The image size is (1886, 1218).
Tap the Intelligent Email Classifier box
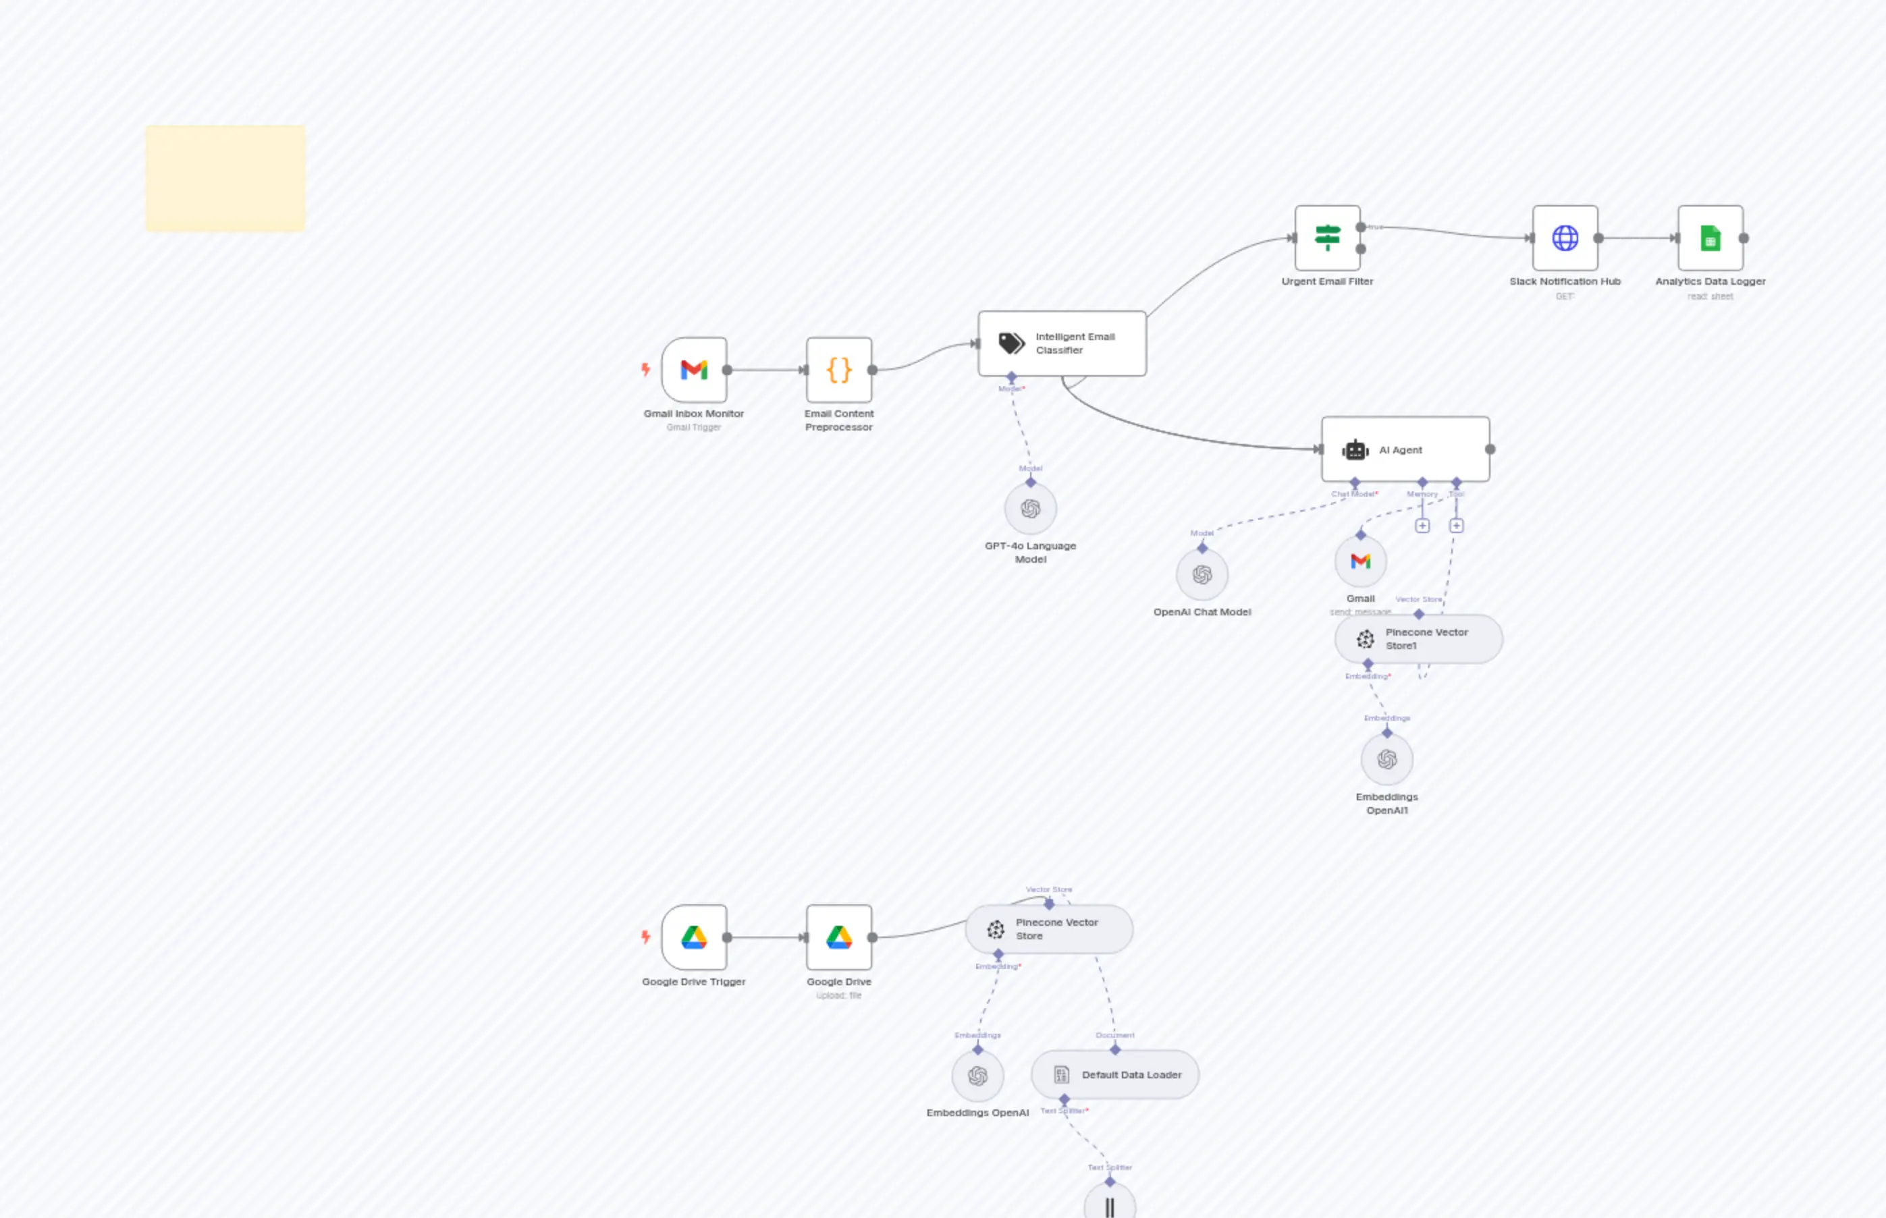[x=1062, y=343]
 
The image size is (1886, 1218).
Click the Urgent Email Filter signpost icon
[x=1328, y=238]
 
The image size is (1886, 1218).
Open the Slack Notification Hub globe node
[x=1565, y=238]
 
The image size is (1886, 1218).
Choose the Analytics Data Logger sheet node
[x=1710, y=238]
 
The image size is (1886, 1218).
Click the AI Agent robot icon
[x=1355, y=450]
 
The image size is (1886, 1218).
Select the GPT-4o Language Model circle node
[x=1030, y=509]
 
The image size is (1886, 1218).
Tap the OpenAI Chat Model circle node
[x=1202, y=574]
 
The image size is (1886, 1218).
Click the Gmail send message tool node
[x=1361, y=561]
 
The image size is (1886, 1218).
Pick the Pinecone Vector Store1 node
[x=1418, y=639]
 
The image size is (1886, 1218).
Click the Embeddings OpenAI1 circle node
[x=1386, y=759]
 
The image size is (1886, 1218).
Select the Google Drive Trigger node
[x=694, y=937]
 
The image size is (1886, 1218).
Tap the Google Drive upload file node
[x=838, y=937]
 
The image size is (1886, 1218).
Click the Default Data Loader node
[x=1114, y=1075]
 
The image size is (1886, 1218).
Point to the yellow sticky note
[x=225, y=178]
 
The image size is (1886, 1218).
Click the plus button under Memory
[x=1422, y=526]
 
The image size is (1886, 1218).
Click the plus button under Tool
[x=1457, y=526]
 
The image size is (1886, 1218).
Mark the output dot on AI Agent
[x=1490, y=449]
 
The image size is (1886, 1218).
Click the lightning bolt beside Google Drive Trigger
[x=645, y=937]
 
